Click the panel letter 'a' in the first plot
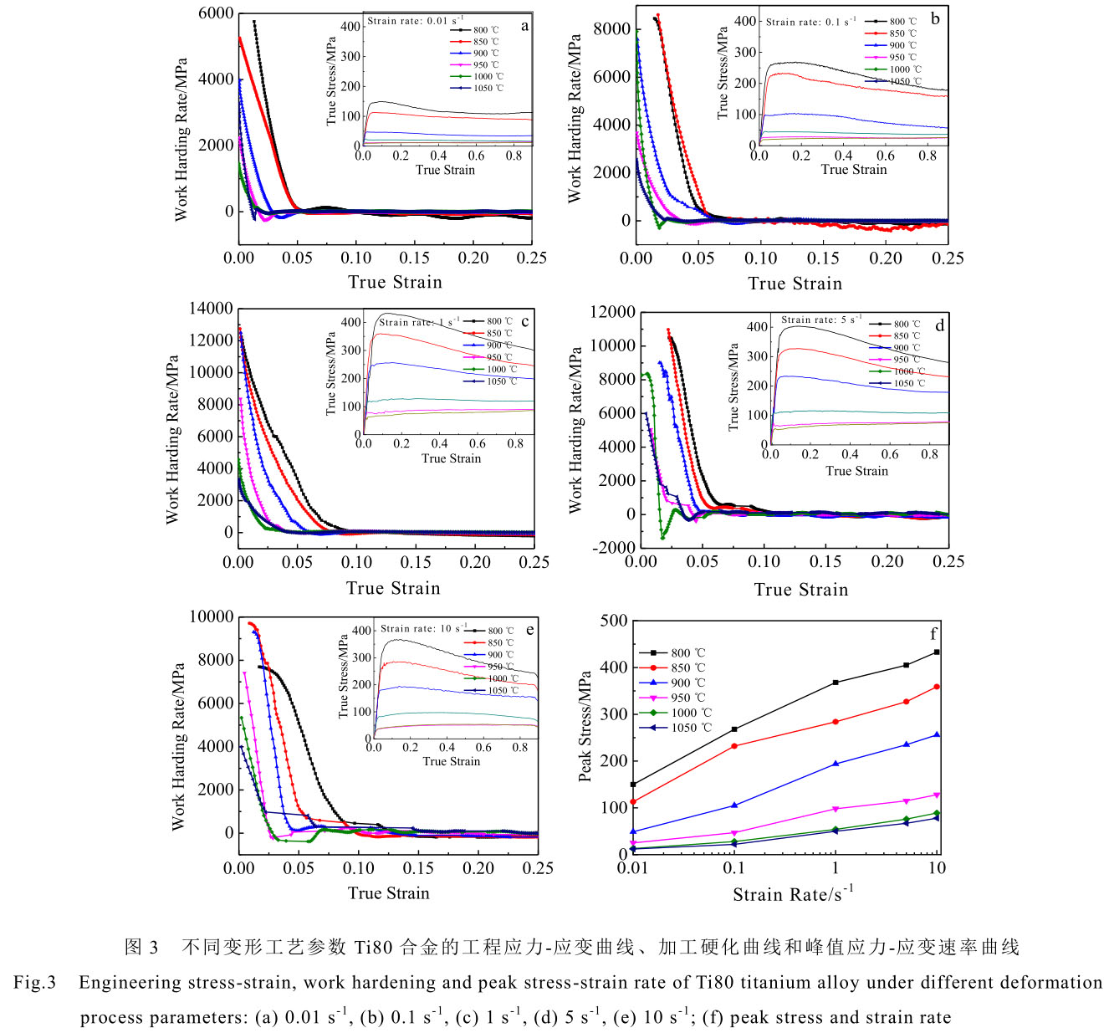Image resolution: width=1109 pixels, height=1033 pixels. [524, 26]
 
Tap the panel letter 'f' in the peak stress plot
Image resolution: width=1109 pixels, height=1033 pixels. [933, 634]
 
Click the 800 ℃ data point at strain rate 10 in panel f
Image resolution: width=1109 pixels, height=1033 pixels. [937, 652]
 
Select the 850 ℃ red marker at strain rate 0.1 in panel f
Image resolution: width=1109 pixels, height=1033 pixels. [734, 746]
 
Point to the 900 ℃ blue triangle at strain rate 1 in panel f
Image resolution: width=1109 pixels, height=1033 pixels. [836, 764]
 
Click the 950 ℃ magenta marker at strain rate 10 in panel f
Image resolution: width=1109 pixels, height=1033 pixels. [937, 795]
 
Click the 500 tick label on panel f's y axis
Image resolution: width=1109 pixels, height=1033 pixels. [613, 621]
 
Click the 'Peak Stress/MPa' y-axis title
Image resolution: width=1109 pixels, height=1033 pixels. [585, 726]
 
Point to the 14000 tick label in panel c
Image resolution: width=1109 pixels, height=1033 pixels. [210, 309]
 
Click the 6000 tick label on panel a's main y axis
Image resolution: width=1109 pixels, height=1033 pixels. [217, 13]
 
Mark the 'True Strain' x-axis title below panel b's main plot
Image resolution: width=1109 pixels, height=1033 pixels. [795, 284]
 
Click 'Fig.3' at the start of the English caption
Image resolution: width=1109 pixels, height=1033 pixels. [34, 982]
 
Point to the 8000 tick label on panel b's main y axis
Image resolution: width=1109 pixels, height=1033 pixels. [611, 29]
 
